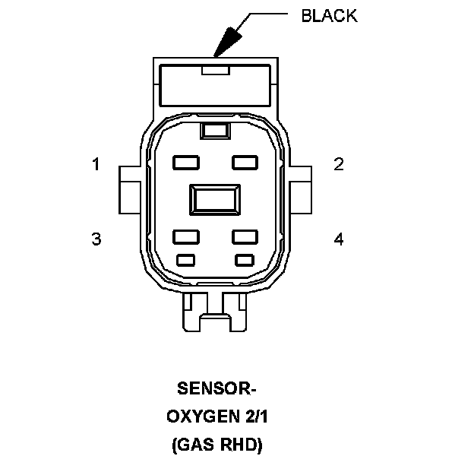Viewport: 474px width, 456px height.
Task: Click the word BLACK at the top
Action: [329, 16]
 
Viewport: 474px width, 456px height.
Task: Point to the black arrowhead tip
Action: [216, 55]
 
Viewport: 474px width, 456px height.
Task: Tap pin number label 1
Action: [96, 164]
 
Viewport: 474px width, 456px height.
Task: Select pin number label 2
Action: [339, 164]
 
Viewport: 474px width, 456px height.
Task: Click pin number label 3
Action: [96, 239]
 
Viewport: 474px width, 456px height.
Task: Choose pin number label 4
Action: [339, 239]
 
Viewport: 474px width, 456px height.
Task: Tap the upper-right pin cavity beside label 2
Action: [245, 162]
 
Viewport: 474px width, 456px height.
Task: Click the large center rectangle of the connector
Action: [216, 201]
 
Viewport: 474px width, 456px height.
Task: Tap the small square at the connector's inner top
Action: [216, 131]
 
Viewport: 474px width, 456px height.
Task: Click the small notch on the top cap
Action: [216, 71]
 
